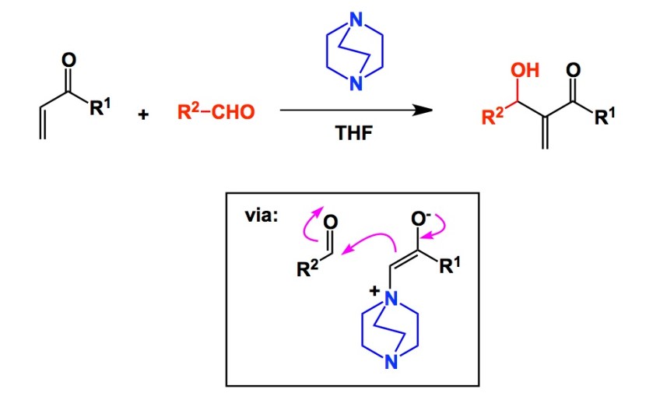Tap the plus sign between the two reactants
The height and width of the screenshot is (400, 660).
point(142,115)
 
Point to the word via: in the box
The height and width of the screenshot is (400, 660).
point(262,216)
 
